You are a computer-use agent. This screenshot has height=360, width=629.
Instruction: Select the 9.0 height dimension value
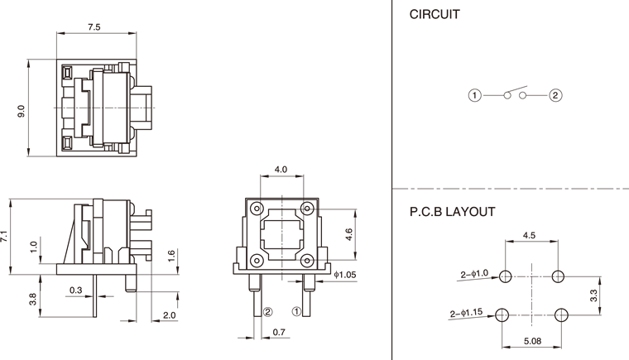(22, 110)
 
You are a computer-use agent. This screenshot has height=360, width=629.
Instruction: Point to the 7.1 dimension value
(6, 236)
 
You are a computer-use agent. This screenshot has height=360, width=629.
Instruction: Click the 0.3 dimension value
(76, 290)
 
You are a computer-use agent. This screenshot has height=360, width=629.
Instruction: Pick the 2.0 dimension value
(170, 315)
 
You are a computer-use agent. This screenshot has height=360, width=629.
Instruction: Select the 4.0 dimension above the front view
(281, 169)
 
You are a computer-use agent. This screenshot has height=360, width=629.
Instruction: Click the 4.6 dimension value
(349, 235)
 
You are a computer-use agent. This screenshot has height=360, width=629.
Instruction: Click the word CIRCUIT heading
(435, 15)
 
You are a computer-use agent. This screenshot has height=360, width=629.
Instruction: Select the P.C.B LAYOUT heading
(452, 212)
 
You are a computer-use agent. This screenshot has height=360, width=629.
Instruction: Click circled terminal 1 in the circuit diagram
(474, 95)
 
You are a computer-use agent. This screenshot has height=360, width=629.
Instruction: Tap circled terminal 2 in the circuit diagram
(555, 95)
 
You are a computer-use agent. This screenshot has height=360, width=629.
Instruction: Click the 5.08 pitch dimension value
(532, 340)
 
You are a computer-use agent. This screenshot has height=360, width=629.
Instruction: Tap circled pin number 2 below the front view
(267, 312)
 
